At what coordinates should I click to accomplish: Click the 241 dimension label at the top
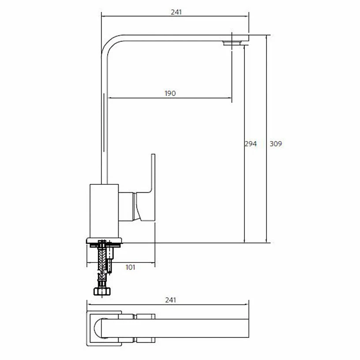tap(176, 12)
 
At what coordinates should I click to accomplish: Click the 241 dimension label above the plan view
tap(170, 300)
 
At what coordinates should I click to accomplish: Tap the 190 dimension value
tap(170, 93)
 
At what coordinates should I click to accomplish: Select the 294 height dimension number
tap(251, 144)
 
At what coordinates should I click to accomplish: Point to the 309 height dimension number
tap(275, 144)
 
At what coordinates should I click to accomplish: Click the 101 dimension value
tap(130, 267)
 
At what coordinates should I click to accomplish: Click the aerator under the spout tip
tap(232, 43)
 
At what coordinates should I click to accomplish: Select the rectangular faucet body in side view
tap(104, 211)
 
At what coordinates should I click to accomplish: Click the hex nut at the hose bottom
tap(102, 291)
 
